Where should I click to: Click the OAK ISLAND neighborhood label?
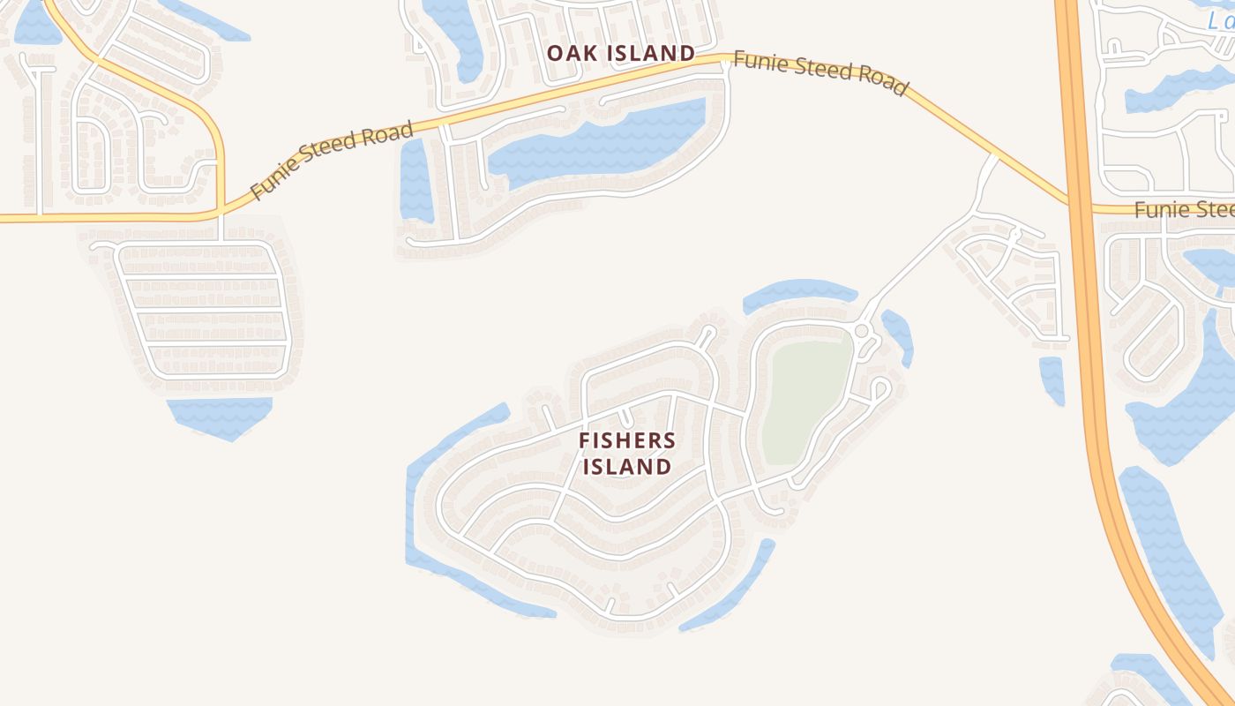coord(620,53)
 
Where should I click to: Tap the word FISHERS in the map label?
coord(627,440)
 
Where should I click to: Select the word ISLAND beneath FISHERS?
coord(627,466)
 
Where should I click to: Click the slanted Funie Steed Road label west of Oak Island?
coord(332,161)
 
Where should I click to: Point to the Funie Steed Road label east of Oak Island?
coord(820,73)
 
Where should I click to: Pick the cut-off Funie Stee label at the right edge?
coord(1183,210)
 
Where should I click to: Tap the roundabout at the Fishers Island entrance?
coord(862,330)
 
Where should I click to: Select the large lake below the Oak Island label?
coord(600,141)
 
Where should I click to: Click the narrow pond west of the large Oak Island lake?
coord(415,181)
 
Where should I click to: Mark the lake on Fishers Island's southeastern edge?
coord(732,587)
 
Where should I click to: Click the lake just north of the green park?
coord(798,293)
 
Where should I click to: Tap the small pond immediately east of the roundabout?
coord(898,335)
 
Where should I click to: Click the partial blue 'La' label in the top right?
coord(1223,22)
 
